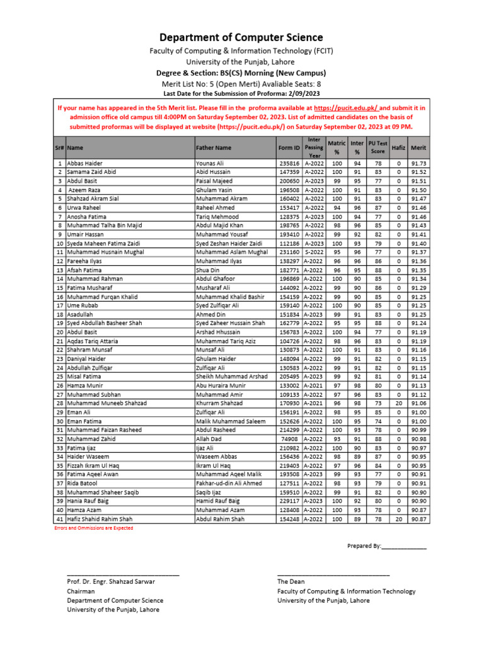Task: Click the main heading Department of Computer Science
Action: [241, 38]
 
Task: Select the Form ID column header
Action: [289, 147]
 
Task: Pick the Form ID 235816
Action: [289, 163]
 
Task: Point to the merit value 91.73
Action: [418, 163]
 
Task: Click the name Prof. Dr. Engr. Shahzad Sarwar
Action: [110, 582]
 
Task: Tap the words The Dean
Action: [291, 582]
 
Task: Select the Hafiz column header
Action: [398, 147]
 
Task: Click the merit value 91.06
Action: [418, 403]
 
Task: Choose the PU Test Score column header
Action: [377, 147]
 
